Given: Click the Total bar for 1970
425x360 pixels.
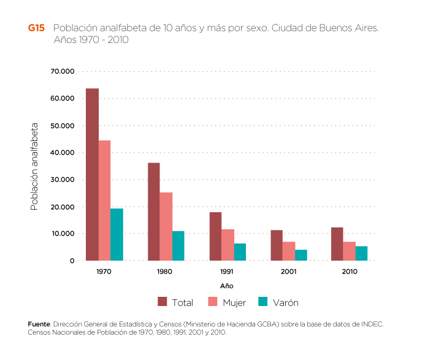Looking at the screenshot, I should (92, 175).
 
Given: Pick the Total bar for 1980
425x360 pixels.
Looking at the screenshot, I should (153, 212).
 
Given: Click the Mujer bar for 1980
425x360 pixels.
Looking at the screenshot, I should (166, 226).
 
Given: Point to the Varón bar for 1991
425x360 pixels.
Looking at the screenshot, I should (240, 252).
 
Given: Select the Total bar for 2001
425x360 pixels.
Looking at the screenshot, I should (277, 245).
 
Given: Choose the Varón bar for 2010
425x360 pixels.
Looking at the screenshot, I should (361, 253).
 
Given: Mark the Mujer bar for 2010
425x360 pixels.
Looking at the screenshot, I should (349, 251).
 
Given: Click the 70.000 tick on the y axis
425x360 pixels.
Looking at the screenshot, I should (63, 72).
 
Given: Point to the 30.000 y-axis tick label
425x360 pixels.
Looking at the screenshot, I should (63, 180).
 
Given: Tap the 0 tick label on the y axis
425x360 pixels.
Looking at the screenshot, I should (72, 261).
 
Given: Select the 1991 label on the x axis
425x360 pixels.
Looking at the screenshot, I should (227, 270).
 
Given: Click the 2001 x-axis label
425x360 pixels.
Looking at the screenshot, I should (288, 270).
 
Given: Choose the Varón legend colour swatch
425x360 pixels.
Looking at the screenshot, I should (263, 301).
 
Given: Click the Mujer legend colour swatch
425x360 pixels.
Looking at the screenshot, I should (213, 301).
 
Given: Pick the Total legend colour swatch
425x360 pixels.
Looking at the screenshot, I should (163, 301).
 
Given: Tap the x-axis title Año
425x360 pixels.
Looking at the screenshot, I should (227, 286).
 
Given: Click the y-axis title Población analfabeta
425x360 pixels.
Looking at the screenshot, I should (34, 166).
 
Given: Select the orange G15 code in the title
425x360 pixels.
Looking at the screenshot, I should (36, 28).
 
